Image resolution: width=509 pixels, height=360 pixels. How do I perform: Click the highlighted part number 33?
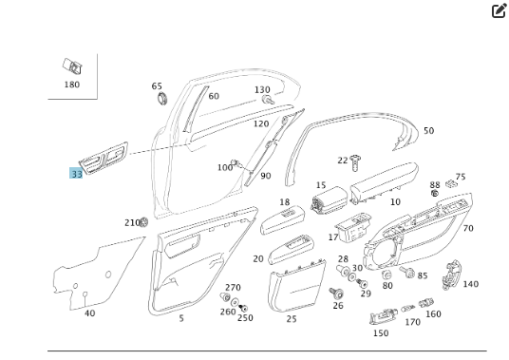(x=76, y=174)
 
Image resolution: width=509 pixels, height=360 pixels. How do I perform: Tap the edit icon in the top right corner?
(x=499, y=11)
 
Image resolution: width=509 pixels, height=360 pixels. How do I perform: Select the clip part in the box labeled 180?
(x=71, y=66)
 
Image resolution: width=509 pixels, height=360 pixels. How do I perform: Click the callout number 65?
(x=157, y=86)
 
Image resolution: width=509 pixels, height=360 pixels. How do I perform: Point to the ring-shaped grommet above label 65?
(x=160, y=98)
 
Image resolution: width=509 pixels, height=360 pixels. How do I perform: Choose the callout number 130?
(x=262, y=90)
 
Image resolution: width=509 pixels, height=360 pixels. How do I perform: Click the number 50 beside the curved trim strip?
(x=428, y=131)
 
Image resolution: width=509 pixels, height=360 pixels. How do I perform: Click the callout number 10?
(x=395, y=201)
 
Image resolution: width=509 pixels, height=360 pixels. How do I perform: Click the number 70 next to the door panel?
(x=468, y=229)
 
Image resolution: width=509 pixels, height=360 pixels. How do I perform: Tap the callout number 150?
(x=381, y=333)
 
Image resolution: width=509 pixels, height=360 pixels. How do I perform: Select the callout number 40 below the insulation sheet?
(x=89, y=313)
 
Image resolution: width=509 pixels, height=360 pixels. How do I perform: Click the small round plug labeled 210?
(x=143, y=222)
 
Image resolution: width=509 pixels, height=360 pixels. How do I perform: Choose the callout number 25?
(x=292, y=319)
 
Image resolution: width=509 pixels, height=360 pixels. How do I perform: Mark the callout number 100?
(x=224, y=168)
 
